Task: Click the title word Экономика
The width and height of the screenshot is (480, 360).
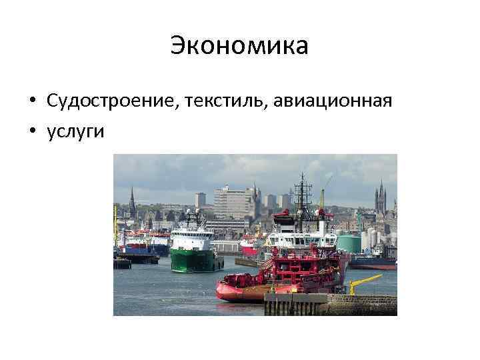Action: coord(239,46)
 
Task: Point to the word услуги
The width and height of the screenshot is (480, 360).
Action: coord(76,131)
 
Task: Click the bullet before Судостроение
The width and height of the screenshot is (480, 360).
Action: coord(32,101)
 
